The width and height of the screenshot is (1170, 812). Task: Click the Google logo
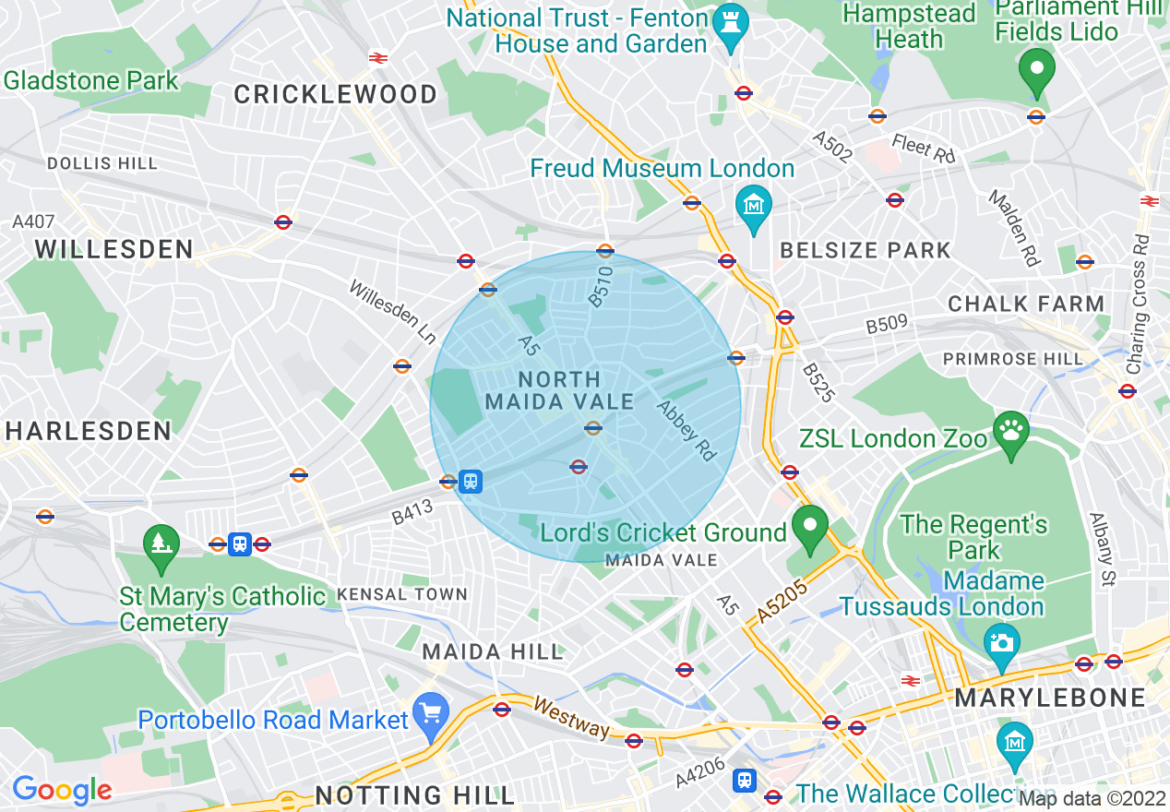click(x=62, y=790)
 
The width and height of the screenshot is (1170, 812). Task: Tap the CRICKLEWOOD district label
click(x=336, y=94)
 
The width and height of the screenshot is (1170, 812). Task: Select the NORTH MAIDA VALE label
click(x=559, y=390)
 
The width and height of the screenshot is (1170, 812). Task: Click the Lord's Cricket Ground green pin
click(x=809, y=528)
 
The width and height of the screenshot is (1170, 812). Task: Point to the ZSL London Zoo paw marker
click(x=1011, y=434)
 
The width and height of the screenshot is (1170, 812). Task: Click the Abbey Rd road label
click(x=686, y=430)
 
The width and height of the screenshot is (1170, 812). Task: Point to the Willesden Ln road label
click(x=392, y=312)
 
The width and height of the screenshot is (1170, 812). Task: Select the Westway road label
click(x=572, y=718)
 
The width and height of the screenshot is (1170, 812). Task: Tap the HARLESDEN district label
click(x=89, y=431)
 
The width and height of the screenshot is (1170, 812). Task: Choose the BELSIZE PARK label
click(x=865, y=250)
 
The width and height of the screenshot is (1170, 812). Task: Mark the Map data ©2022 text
click(x=1092, y=798)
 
